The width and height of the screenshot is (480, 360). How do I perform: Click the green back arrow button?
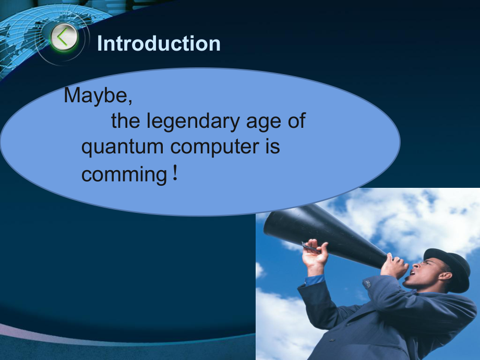pyautogui.click(x=64, y=38)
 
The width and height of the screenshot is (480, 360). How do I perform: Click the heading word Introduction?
pyautogui.click(x=159, y=43)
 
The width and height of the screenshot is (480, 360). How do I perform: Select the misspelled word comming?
pyautogui.click(x=124, y=175)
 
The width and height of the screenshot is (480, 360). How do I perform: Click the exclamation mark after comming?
pyautogui.click(x=175, y=173)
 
